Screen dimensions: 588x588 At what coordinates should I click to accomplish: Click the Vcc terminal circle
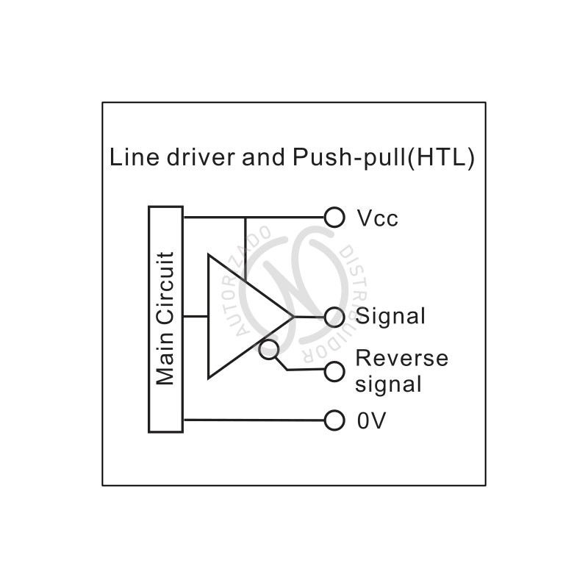[x=334, y=218]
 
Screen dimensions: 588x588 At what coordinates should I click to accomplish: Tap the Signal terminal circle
[x=334, y=316]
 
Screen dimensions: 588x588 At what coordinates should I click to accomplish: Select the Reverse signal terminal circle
[x=334, y=370]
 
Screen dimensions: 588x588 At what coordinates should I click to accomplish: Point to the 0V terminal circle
[x=334, y=420]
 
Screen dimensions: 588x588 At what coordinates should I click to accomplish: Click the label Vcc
[x=377, y=218]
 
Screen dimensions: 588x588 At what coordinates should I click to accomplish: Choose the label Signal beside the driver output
[x=390, y=317]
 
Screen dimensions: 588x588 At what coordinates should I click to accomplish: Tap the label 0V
[x=371, y=421]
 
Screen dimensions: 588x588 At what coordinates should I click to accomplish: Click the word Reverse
[x=401, y=359]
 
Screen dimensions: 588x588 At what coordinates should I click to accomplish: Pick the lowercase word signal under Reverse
[x=389, y=384]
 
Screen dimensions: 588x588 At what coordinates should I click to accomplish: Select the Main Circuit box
[x=166, y=319]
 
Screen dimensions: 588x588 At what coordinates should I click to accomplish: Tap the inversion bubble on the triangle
[x=269, y=350]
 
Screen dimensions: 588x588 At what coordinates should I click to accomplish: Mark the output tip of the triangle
[x=293, y=317]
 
